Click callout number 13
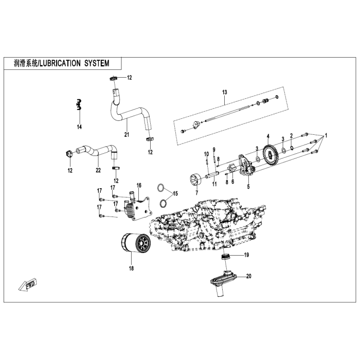point(224,92)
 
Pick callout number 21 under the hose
point(126,135)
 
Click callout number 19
point(246,255)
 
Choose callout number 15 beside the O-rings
point(175,194)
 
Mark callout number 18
point(131,268)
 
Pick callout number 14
point(79,126)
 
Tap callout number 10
point(207,154)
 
